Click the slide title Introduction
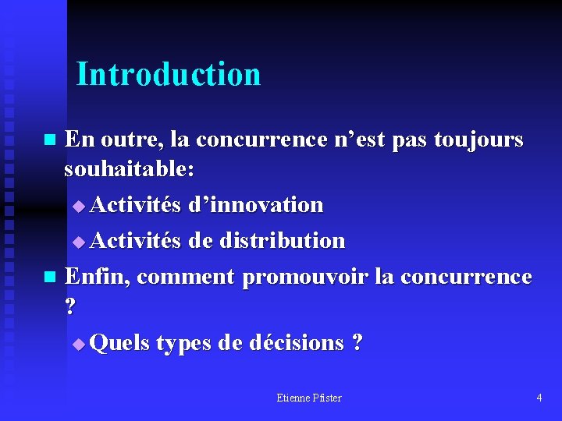click(x=169, y=75)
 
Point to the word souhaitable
click(x=129, y=168)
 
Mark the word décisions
click(x=297, y=343)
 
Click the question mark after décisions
click(x=357, y=343)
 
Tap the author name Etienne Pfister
click(x=309, y=398)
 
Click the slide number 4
click(x=539, y=398)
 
